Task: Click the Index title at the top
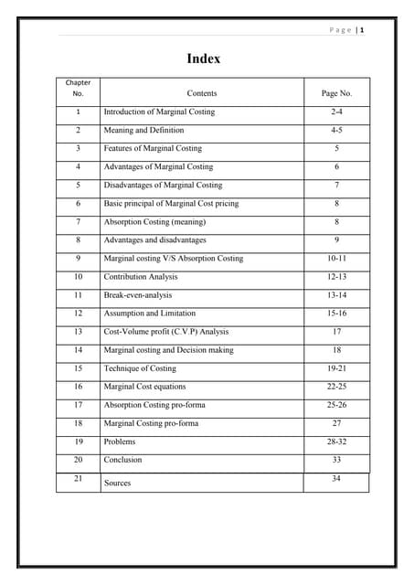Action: [x=203, y=58]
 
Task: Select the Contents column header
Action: [x=201, y=93]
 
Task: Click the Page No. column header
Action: [x=336, y=93]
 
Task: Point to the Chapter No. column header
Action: [x=78, y=88]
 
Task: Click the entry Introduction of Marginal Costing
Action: [x=159, y=112]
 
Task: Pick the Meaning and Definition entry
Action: [x=143, y=131]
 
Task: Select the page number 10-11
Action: [x=336, y=259]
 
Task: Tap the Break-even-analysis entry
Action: [x=137, y=295]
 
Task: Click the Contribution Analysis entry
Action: [x=141, y=277]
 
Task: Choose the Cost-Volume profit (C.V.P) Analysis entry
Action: [x=165, y=332]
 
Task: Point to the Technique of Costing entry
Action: [x=140, y=368]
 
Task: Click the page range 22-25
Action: [x=336, y=387]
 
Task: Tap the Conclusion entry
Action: [x=122, y=460]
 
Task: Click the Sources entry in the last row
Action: [x=117, y=483]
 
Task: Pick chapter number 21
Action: [x=78, y=479]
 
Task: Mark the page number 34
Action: [x=336, y=479]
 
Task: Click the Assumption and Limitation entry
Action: [x=149, y=314]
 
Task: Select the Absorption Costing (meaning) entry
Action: [x=154, y=222]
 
